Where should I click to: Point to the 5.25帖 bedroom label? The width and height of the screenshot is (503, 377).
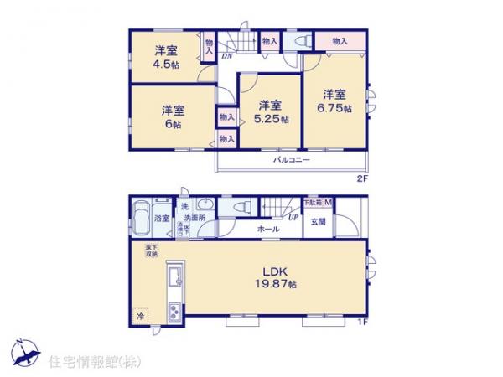[x=272, y=111]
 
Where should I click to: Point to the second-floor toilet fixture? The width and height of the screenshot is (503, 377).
[x=300, y=39]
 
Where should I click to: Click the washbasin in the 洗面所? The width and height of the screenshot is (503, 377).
[x=205, y=207]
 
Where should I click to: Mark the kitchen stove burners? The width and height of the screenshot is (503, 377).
[x=175, y=312]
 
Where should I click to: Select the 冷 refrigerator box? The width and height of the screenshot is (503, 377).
[x=140, y=317]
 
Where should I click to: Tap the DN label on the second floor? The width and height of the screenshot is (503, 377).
[x=226, y=56]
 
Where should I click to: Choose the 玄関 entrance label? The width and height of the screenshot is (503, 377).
[x=319, y=221]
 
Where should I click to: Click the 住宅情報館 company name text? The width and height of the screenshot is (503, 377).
[x=83, y=361]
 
